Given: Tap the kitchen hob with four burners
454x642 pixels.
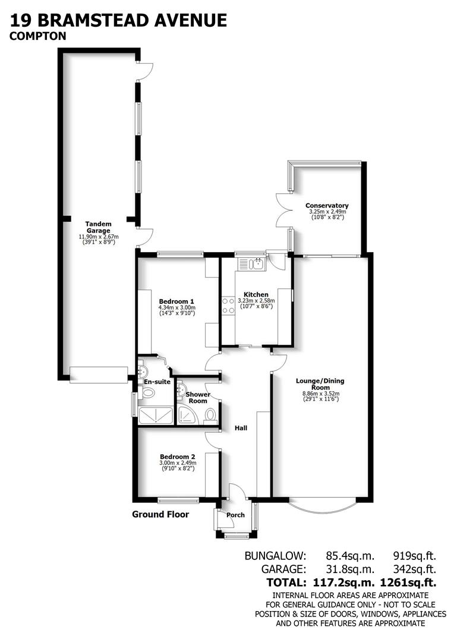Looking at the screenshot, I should coord(228,306).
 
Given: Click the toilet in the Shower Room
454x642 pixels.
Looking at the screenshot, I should coord(209,421).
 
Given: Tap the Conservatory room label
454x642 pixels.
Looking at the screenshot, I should coord(327,206).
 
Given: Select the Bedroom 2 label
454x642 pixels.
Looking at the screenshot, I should coord(178,456).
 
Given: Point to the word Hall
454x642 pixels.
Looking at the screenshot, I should coord(241,428).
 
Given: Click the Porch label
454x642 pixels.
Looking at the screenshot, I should coord(236,515).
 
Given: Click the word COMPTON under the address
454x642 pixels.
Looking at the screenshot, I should coord(37,36).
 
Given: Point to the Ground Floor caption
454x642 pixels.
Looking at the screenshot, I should coord(160,514).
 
